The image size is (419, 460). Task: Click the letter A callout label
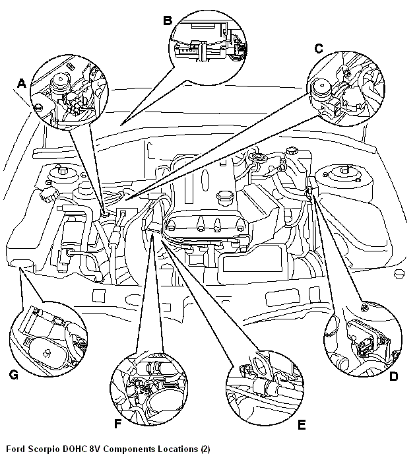[x=21, y=84]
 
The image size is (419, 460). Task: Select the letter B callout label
[x=168, y=20]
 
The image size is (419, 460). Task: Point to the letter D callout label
[x=393, y=377]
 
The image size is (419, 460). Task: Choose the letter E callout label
[x=302, y=424]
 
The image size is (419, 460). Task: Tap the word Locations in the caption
[x=177, y=449]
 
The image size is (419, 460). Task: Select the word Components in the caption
[x=131, y=449]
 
